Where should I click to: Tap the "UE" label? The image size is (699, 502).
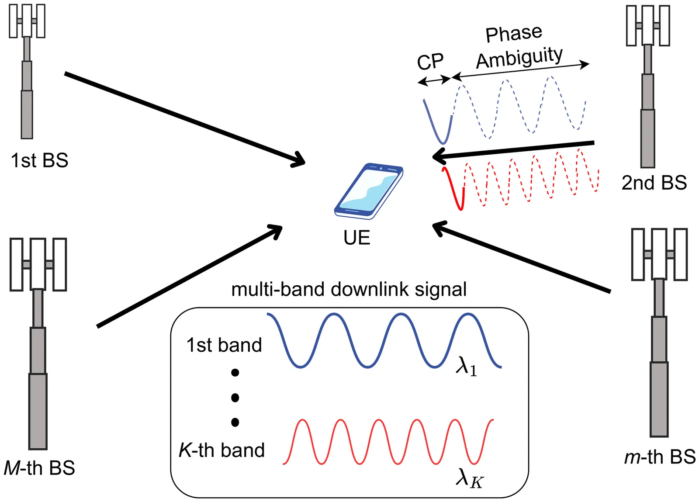(356, 238)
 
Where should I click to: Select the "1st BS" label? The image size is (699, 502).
(39, 160)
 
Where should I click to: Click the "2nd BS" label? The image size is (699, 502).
(654, 183)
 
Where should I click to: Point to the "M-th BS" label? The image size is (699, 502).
(39, 468)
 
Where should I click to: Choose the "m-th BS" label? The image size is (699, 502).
(660, 457)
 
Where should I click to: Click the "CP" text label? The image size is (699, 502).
(430, 62)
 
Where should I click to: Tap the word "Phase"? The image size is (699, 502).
(514, 34)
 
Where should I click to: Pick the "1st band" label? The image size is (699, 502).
(224, 345)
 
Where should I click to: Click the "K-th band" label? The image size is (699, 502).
(222, 450)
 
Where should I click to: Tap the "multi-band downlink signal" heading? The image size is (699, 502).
(349, 289)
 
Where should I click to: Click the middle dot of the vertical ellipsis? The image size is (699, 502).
(235, 398)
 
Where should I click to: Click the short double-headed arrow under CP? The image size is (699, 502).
(434, 80)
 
